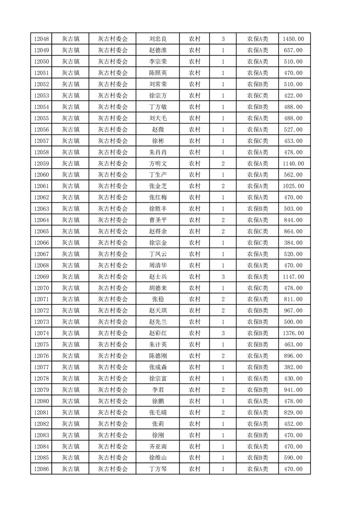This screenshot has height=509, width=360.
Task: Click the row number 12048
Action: click(41, 39)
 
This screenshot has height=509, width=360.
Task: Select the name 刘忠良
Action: click(158, 39)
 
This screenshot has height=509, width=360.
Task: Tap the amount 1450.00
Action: click(294, 39)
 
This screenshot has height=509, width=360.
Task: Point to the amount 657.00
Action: click(294, 50)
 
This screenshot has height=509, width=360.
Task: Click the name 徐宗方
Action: click(158, 95)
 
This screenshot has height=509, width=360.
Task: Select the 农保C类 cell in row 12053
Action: click(257, 95)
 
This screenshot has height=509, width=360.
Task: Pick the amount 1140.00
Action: click(294, 163)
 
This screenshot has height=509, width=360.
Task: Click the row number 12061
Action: click(41, 186)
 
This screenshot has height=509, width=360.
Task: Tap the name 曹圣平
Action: click(158, 220)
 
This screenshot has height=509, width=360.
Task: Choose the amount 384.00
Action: click(294, 243)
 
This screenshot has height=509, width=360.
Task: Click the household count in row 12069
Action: click(223, 277)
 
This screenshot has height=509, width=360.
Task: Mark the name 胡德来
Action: click(158, 288)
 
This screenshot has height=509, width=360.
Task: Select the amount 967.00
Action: click(294, 311)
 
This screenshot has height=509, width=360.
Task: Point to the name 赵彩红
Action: click(158, 333)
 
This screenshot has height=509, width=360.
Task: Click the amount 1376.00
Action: click(294, 333)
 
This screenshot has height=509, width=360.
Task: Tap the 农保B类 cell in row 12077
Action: click(257, 367)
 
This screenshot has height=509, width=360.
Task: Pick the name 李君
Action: click(158, 390)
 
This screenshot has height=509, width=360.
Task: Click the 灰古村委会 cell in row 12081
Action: click(113, 413)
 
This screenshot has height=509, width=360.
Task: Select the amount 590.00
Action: click(294, 458)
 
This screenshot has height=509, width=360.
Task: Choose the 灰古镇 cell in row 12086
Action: click(71, 470)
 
